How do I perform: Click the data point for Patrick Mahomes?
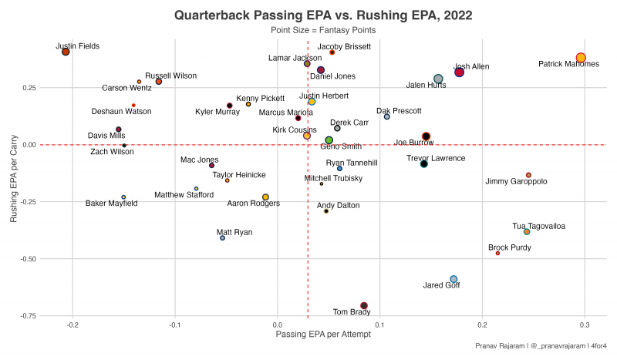point(581,58)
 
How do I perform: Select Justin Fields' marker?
point(66,52)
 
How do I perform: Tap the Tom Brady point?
point(364,306)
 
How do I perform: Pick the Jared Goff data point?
point(453,279)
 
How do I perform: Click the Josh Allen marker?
point(459,72)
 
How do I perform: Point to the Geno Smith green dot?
point(329,140)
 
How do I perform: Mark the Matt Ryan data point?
point(222,238)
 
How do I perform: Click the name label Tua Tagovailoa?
point(538,226)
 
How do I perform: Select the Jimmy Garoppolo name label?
point(516,182)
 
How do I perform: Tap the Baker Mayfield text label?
point(112,204)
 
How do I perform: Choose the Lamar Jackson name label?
point(295,58)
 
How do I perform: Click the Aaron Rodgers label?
point(253,204)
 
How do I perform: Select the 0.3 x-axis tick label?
point(584,325)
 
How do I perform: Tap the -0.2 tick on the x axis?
point(72,325)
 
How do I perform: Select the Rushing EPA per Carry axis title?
point(14,177)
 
